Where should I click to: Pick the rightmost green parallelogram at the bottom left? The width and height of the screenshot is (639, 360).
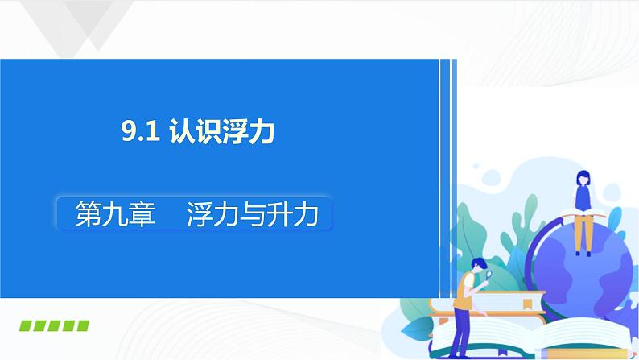80,327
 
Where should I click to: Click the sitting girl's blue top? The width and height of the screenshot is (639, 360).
583,197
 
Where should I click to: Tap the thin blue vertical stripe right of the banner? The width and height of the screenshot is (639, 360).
455,145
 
